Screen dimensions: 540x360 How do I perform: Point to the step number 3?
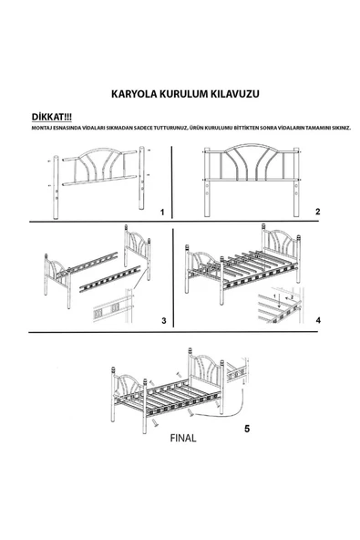[162, 321]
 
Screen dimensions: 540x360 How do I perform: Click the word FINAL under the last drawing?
[182, 438]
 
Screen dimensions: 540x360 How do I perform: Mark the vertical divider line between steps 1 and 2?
[173, 182]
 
